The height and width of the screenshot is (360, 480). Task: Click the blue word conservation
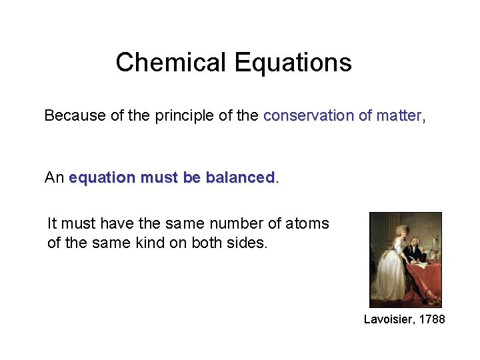[x=308, y=115]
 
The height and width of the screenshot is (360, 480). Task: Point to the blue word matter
[x=399, y=115]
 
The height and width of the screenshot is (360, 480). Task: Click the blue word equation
[x=101, y=177]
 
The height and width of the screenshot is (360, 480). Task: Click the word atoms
[x=307, y=223]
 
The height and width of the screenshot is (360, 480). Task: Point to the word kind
[x=149, y=243]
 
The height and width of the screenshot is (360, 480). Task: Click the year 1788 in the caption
[x=433, y=319]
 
